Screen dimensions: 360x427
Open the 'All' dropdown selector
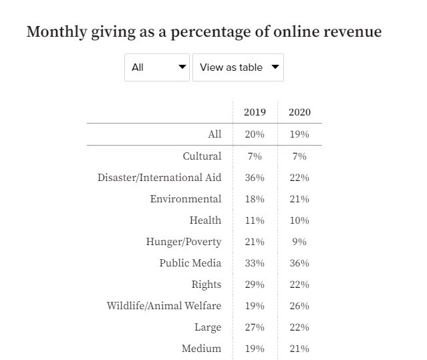point(157,67)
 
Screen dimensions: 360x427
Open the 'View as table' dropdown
point(238,67)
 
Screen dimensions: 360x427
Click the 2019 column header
point(254,112)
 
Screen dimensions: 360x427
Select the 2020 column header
point(299,112)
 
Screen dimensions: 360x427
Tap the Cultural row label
point(202,156)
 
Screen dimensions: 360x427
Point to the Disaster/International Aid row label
point(159,178)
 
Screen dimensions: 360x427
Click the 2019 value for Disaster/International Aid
point(254,178)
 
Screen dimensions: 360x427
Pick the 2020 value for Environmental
point(299,199)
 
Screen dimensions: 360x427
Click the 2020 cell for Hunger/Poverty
point(299,242)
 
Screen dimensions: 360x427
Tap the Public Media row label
point(190,263)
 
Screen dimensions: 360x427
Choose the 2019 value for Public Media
point(254,263)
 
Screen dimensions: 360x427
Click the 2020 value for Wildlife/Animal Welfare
point(299,306)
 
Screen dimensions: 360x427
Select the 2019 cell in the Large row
point(254,327)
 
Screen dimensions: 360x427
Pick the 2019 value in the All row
point(254,134)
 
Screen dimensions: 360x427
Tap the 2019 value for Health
point(254,220)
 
